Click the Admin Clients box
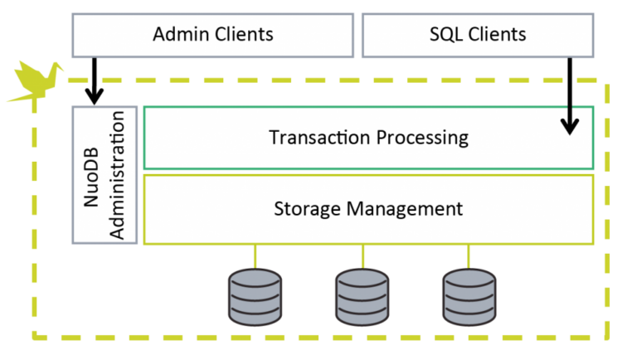[212, 35]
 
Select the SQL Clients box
[478, 35]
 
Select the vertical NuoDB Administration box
[105, 174]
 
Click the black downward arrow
[569, 120]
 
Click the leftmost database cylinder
[255, 296]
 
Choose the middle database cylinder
[362, 296]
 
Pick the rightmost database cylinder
[469, 296]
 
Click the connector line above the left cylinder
[255, 256]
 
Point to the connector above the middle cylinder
[362, 256]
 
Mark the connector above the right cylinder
[469, 256]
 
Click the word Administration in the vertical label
[117, 174]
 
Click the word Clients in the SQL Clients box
[497, 35]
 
